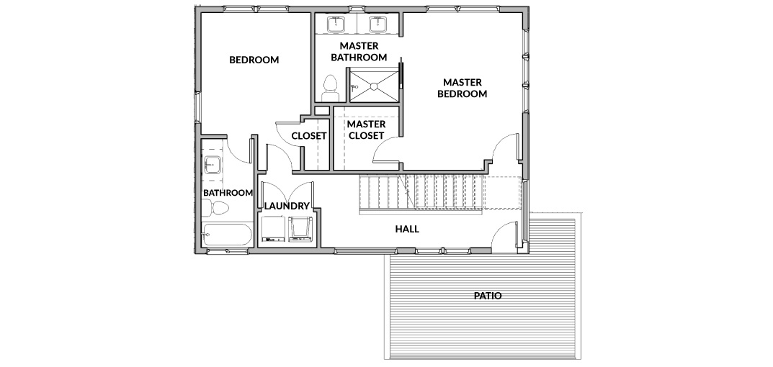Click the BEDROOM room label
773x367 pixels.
coord(254,60)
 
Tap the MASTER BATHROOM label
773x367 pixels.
coord(359,52)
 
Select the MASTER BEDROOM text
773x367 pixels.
coord(463,88)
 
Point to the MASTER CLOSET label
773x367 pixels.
coord(366,130)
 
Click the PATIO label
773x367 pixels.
coord(488,296)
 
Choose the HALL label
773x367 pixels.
coord(407,229)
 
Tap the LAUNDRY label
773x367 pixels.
coord(287,206)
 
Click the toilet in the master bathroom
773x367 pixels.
coord(329,89)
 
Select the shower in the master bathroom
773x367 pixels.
coord(373,86)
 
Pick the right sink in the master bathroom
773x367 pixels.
coord(379,23)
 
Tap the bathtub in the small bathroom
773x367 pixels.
coord(227,235)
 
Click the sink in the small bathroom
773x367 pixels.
coord(213,165)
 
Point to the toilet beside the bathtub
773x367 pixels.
coord(215,209)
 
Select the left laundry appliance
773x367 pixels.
coord(273,230)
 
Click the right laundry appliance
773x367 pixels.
coord(300,230)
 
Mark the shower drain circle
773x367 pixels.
coord(374,86)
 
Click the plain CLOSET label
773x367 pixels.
coord(309,136)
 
